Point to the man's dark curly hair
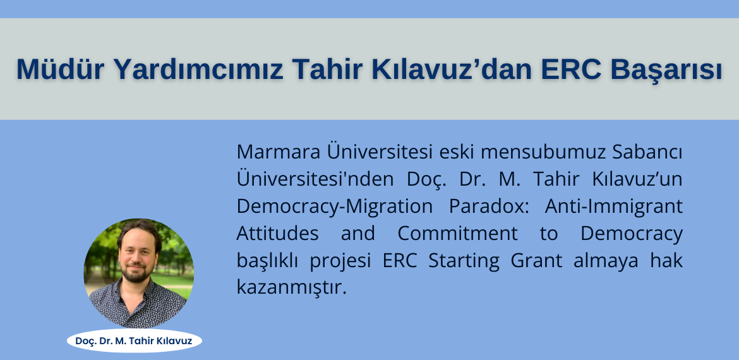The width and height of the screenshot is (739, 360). click(140, 232)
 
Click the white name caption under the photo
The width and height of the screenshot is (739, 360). click(135, 340)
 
